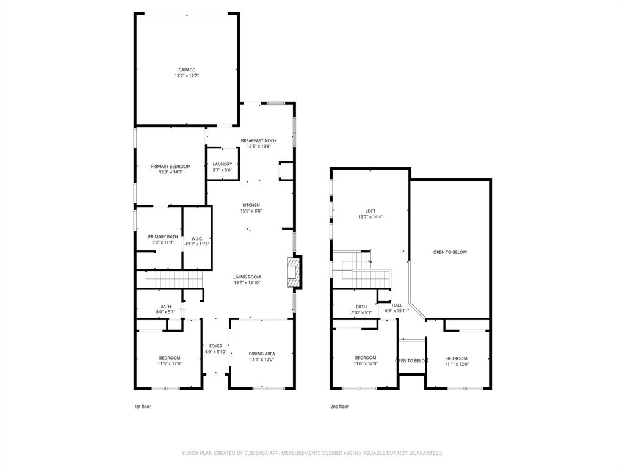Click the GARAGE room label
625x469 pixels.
click(x=187, y=70)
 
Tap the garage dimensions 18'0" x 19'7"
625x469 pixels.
click(x=187, y=76)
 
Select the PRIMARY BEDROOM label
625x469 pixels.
click(x=171, y=166)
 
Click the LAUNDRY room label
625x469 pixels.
click(x=222, y=164)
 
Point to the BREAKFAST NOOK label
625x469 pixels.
click(x=259, y=140)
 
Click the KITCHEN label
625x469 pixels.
click(x=251, y=205)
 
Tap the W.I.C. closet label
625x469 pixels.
click(x=197, y=238)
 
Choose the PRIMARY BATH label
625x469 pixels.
click(x=163, y=236)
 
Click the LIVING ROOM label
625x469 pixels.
click(x=247, y=277)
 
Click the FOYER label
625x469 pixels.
click(x=216, y=346)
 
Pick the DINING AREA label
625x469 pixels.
click(x=262, y=354)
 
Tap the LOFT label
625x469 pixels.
click(x=370, y=211)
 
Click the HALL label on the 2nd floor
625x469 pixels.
click(x=397, y=305)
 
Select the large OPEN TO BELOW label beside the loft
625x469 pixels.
click(x=450, y=252)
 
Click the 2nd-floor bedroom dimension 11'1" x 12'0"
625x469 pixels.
click(x=457, y=364)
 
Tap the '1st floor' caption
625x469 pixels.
click(x=142, y=406)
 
